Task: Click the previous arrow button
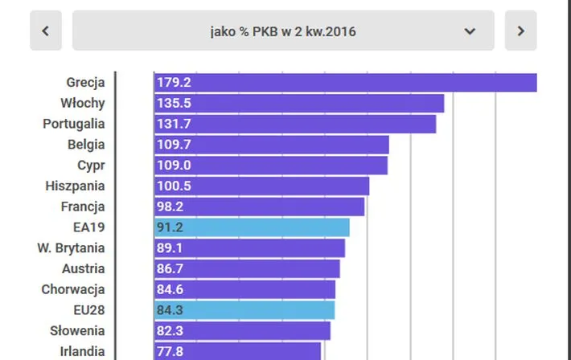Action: (x=46, y=31)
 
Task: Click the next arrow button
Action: (x=520, y=31)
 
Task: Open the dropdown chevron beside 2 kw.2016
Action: (x=470, y=31)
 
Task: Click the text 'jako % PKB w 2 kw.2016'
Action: (x=282, y=31)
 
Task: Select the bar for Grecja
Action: (x=345, y=83)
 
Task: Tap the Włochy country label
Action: (x=82, y=103)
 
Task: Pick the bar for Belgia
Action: (x=271, y=145)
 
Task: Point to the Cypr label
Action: (x=91, y=165)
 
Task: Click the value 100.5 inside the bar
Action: (x=174, y=186)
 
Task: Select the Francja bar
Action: (x=259, y=207)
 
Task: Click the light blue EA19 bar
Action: (x=252, y=227)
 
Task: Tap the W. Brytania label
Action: (x=71, y=247)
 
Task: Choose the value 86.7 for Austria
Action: (x=170, y=268)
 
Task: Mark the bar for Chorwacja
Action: (x=244, y=289)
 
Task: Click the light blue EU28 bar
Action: (x=244, y=310)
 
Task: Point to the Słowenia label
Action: (x=77, y=330)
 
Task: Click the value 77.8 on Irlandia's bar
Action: (x=170, y=351)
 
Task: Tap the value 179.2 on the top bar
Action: (x=174, y=82)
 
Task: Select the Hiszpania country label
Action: (x=75, y=186)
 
